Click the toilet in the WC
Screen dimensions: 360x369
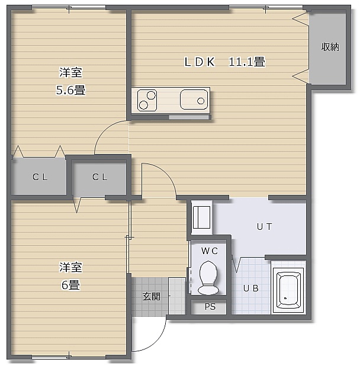(208, 278)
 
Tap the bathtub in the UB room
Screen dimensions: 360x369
(288, 290)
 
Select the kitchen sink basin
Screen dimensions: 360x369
(194, 100)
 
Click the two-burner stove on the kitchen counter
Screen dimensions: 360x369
(147, 100)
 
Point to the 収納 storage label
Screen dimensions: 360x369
(330, 47)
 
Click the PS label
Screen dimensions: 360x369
(210, 307)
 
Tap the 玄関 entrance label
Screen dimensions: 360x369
(152, 297)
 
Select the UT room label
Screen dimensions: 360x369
(265, 227)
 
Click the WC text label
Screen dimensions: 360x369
(210, 251)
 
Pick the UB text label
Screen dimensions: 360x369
(251, 288)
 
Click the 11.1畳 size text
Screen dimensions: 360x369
(247, 62)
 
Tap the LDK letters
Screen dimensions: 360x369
(200, 62)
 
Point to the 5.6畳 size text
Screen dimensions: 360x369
(70, 90)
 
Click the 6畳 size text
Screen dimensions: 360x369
(70, 285)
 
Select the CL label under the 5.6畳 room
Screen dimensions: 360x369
(40, 177)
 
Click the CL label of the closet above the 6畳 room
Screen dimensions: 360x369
(100, 177)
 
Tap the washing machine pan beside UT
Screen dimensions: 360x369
(202, 217)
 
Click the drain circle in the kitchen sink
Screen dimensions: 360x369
(201, 101)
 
